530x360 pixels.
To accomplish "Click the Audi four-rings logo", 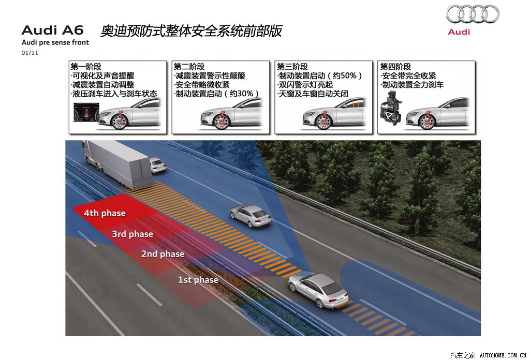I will pyautogui.click(x=472, y=14).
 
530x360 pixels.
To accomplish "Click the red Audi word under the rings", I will pyautogui.click(x=459, y=32).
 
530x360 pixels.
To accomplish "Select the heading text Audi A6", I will pyautogui.click(x=52, y=30).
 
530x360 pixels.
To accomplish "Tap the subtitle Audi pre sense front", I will pyautogui.click(x=55, y=42).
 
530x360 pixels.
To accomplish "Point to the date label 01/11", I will pyautogui.click(x=30, y=53).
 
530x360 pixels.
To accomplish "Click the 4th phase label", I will pyautogui.click(x=105, y=213).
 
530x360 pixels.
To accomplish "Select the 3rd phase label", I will pyautogui.click(x=132, y=234).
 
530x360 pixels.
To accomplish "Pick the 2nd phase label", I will pyautogui.click(x=163, y=254).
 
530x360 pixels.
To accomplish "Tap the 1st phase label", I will pyautogui.click(x=198, y=280).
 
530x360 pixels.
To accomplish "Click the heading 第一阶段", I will pyautogui.click(x=86, y=67).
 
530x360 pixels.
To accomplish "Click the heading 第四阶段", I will pyautogui.click(x=395, y=67).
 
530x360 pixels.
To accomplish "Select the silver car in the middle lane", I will pyautogui.click(x=251, y=215).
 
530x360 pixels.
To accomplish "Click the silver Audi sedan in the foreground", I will pyautogui.click(x=317, y=290).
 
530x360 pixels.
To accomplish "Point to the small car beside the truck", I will pyautogui.click(x=158, y=165).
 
